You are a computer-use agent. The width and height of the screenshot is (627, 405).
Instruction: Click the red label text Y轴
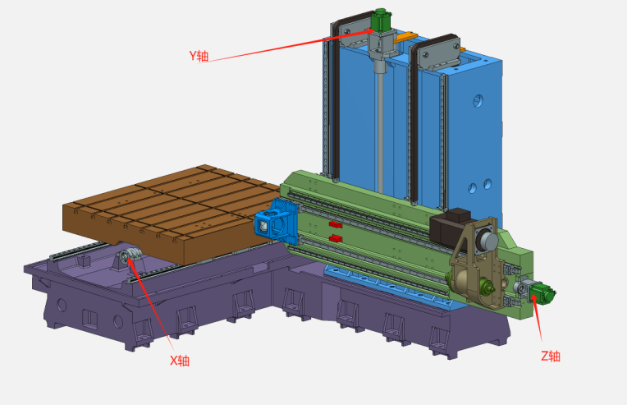(x=199, y=57)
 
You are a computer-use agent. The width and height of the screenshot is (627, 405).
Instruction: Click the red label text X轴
(x=179, y=360)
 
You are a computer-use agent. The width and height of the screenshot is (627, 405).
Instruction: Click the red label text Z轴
(x=550, y=356)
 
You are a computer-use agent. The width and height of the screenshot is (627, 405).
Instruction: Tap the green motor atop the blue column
(x=380, y=19)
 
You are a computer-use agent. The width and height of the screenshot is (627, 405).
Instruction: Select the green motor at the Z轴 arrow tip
(x=542, y=292)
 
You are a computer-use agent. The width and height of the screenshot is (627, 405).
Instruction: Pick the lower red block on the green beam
(x=334, y=238)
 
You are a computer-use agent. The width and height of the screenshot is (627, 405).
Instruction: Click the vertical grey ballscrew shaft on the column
(x=380, y=123)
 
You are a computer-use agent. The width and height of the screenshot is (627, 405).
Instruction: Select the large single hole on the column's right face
(x=476, y=102)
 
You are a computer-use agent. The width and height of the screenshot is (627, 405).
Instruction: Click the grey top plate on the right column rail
(x=439, y=50)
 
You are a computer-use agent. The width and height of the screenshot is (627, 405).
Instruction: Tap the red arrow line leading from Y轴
(x=287, y=46)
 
